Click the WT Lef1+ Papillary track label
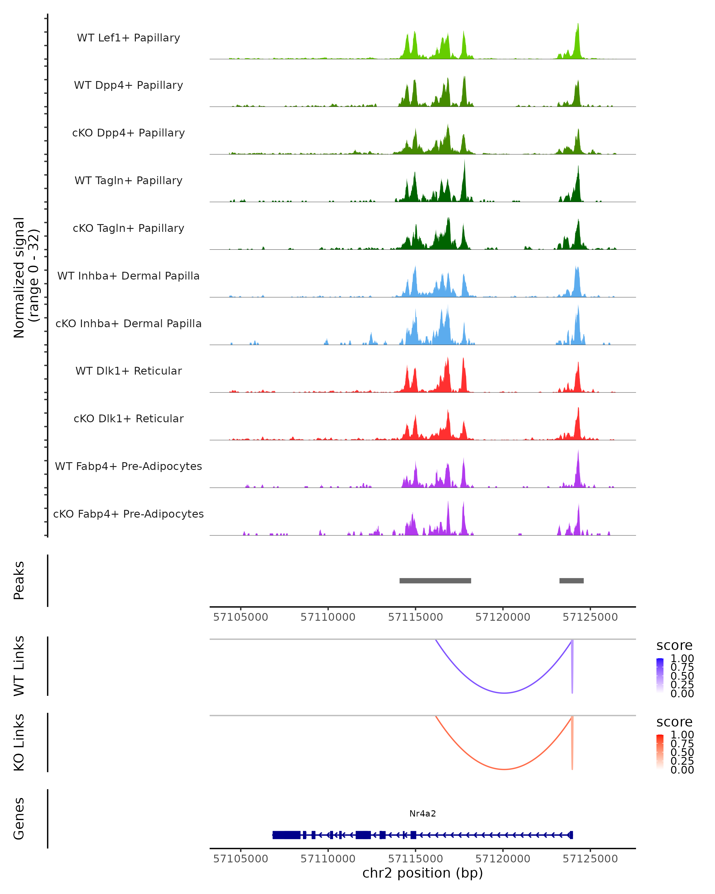click(128, 38)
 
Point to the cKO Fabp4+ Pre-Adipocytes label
click(128, 514)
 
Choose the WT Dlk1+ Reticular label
click(128, 371)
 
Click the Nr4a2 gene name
click(422, 813)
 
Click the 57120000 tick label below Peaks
click(503, 617)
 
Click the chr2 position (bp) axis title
click(422, 873)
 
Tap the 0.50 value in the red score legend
click(682, 752)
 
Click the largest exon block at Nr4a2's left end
click(286, 835)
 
